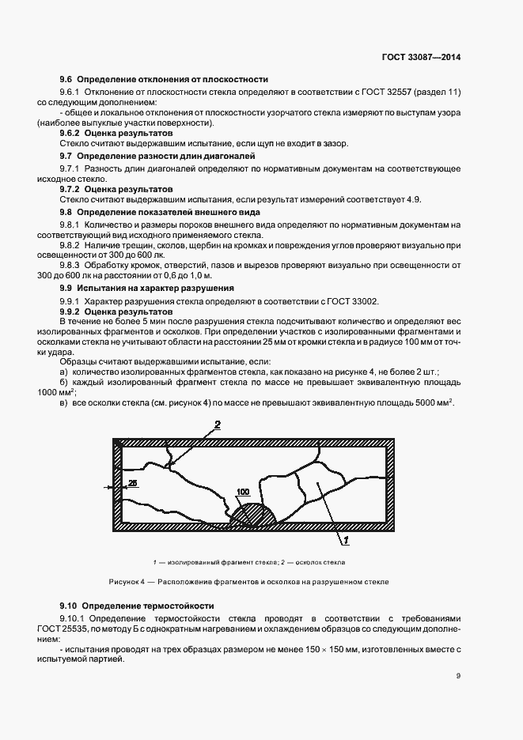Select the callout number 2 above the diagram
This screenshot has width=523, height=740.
click(x=217, y=425)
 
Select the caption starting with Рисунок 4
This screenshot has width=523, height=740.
click(x=249, y=581)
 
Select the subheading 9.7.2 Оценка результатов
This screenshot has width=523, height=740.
click(x=116, y=191)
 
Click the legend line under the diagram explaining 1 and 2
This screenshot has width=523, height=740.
click(x=249, y=562)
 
